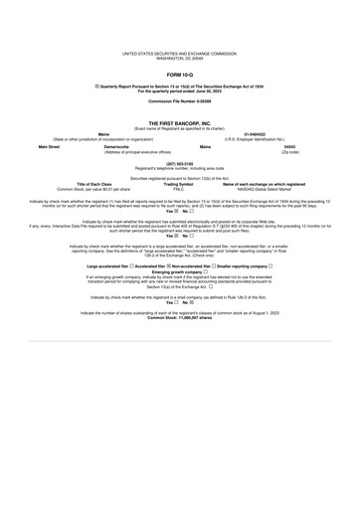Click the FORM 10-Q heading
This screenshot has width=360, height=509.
(180, 75)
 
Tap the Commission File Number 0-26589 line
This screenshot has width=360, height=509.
(180, 102)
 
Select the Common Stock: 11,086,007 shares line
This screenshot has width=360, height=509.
(180, 318)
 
